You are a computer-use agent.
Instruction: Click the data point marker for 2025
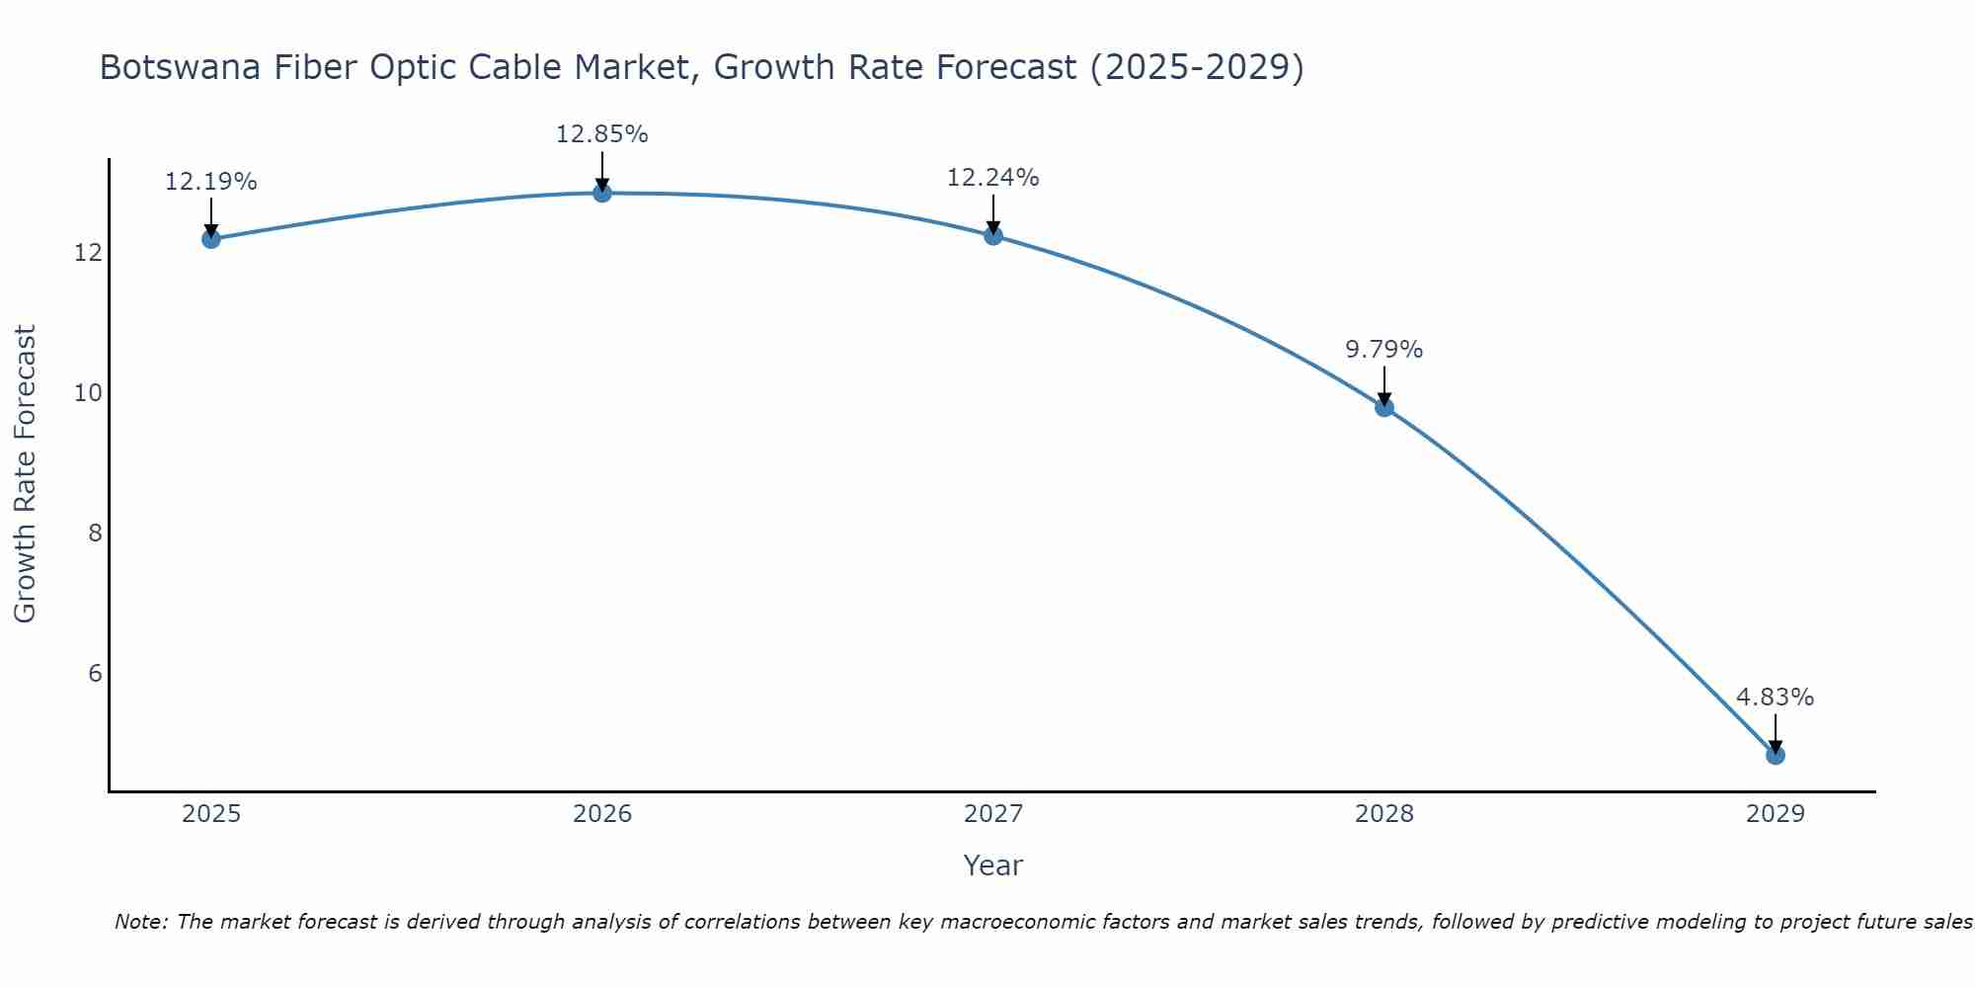(210, 238)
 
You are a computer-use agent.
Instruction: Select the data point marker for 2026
(602, 193)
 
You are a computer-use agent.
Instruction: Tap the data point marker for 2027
(993, 235)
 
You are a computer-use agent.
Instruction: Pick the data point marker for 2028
(1384, 407)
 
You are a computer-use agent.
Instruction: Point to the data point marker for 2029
(1776, 755)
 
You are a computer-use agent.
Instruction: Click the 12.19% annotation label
(210, 182)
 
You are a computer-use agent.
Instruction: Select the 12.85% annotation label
(602, 134)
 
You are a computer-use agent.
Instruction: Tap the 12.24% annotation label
(993, 178)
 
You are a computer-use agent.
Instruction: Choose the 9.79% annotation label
(1384, 350)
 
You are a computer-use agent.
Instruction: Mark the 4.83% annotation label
(1776, 698)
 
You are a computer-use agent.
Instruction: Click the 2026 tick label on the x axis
(602, 814)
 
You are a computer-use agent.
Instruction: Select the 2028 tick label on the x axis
(1384, 814)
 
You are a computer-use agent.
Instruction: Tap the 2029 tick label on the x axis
(1776, 814)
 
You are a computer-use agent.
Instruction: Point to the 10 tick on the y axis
(89, 393)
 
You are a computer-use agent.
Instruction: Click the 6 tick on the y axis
(95, 674)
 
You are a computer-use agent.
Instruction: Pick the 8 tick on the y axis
(95, 534)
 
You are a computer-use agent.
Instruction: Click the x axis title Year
(993, 865)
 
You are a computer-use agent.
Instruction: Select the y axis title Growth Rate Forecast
(26, 474)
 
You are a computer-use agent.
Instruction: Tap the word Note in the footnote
(140, 922)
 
